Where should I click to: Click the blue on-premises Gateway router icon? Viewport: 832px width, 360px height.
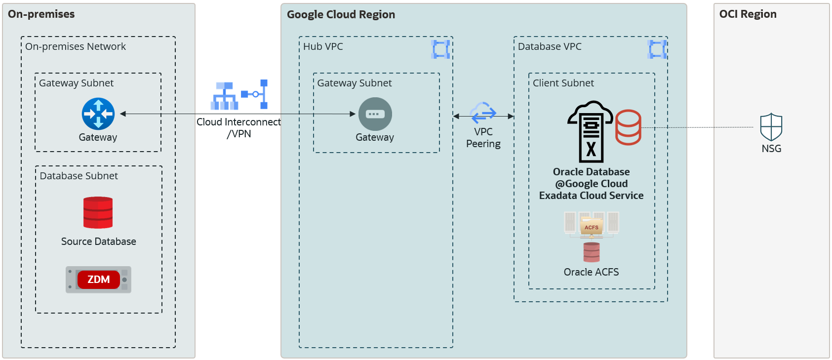(98, 114)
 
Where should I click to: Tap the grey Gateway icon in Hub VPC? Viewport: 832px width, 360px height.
(375, 114)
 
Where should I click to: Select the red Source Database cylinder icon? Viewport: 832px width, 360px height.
(98, 213)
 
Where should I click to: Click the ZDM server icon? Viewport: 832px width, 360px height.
(99, 280)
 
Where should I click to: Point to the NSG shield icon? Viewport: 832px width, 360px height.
(771, 127)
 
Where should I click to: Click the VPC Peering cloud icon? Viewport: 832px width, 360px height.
(483, 113)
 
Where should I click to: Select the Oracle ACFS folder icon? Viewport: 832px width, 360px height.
(592, 226)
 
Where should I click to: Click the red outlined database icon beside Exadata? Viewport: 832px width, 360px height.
(628, 127)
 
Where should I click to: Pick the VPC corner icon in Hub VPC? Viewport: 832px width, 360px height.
(440, 49)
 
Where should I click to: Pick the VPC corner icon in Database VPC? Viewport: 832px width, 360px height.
(657, 49)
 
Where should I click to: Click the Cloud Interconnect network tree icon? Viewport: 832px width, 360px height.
(225, 96)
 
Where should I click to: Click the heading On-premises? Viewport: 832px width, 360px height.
(41, 14)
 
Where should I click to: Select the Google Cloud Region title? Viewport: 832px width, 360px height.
(341, 15)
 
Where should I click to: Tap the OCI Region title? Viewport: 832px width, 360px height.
(748, 14)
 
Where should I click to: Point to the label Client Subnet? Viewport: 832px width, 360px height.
(563, 83)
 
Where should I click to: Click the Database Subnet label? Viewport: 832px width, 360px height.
(79, 176)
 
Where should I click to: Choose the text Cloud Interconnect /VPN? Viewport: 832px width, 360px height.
(238, 127)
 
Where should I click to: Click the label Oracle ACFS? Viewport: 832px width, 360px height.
(591, 272)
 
